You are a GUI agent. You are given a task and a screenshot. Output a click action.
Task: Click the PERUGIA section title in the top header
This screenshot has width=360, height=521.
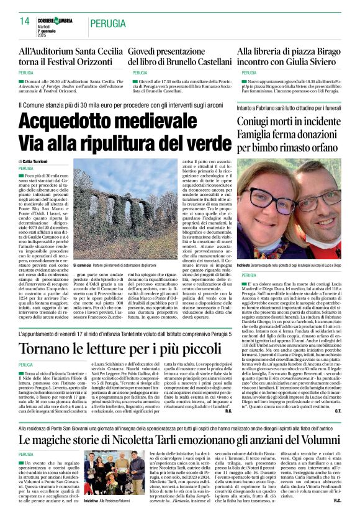click(107, 24)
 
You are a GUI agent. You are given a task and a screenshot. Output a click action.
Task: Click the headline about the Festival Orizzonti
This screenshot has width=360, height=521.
click(71, 58)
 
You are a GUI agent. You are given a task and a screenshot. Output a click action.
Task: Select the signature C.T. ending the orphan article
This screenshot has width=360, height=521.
click(338, 411)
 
